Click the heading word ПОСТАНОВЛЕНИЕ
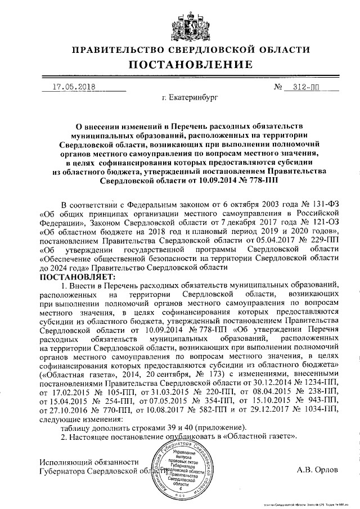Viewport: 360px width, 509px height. [x=180, y=66]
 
